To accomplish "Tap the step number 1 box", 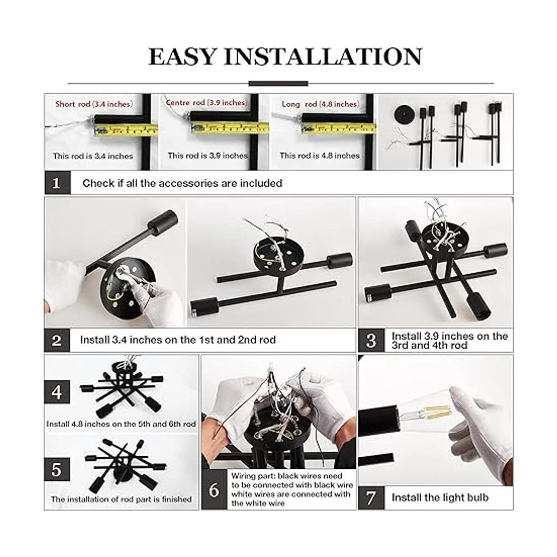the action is [57, 183].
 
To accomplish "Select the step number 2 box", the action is [57, 340].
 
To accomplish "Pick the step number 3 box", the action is [371, 340].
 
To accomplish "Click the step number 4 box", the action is [57, 392].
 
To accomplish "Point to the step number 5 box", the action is [57, 469].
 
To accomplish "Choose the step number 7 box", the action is [371, 498].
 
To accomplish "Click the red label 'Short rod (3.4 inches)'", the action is [94, 104].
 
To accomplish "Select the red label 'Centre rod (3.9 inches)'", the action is [206, 103].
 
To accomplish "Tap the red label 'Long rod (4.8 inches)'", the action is [321, 104].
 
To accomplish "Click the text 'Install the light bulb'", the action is [440, 498].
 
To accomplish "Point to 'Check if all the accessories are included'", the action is [182, 183].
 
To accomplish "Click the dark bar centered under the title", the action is [278, 84].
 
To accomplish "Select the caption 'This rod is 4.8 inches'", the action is [319, 155].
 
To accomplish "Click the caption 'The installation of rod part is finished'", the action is [121, 499].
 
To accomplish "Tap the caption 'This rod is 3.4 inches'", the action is [93, 156].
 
